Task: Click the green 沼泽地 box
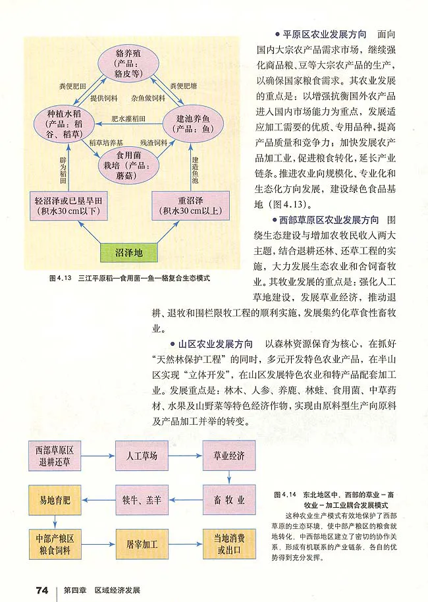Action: (128, 252)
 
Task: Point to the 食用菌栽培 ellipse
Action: (129, 162)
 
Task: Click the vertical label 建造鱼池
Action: (195, 170)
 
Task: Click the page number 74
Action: (42, 589)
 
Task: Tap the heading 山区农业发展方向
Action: (215, 344)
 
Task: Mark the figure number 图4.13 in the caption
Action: (60, 279)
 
